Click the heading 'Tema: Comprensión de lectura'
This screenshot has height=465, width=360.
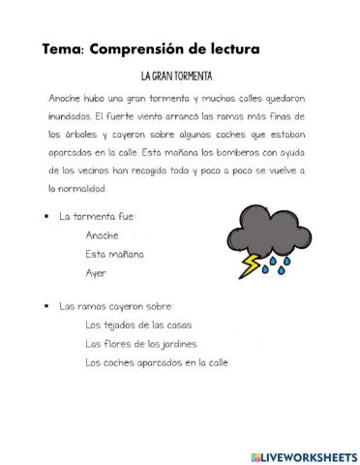[151, 47]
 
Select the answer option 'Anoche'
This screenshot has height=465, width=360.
[102, 235]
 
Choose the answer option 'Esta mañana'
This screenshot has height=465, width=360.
[114, 254]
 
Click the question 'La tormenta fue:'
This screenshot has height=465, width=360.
[98, 217]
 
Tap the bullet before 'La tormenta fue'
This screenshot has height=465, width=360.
[46, 217]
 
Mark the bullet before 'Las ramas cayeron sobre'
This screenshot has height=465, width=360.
[46, 306]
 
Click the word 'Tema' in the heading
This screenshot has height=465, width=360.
[62, 47]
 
